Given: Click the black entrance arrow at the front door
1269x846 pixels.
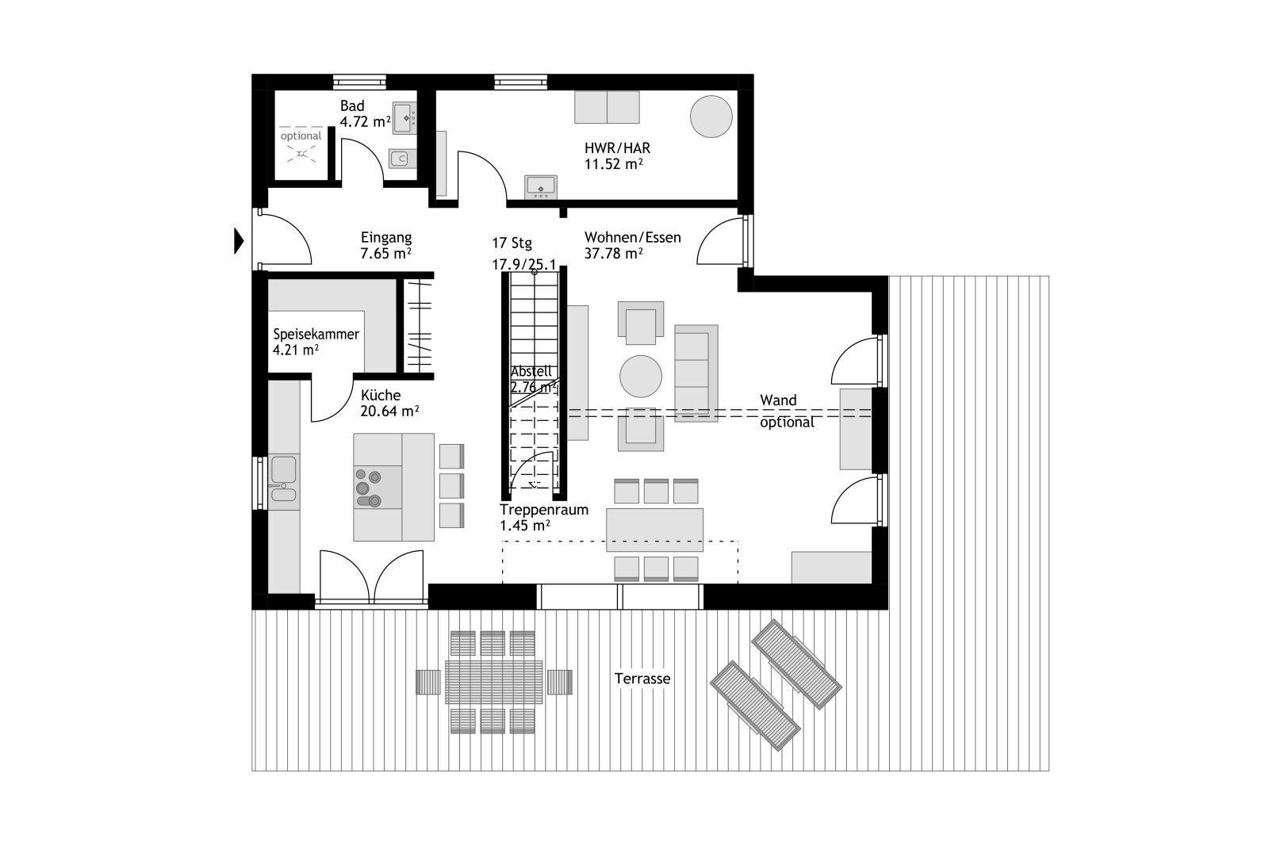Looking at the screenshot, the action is [x=239, y=241].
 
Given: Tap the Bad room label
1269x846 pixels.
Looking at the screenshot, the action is [x=352, y=106].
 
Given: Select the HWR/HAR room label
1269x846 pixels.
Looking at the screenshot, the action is [x=617, y=148].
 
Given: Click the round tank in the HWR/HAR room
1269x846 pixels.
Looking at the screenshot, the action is [x=711, y=116].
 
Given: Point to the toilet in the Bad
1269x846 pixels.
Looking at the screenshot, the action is [x=401, y=159].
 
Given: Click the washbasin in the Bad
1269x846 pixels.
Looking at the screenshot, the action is [x=404, y=118].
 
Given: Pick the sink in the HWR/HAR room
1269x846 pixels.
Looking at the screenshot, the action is [x=540, y=187].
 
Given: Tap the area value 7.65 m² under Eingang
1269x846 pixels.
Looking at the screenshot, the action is [x=385, y=253].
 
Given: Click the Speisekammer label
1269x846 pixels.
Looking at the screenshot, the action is [x=316, y=334].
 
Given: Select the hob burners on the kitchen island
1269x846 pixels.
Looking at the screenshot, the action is [x=368, y=488].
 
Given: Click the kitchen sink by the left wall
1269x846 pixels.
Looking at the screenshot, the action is [x=283, y=478].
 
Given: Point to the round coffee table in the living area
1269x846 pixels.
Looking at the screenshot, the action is [x=641, y=376].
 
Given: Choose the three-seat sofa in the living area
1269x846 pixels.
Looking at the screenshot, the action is [x=696, y=373].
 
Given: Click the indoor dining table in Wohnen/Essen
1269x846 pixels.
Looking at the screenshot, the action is [x=654, y=530].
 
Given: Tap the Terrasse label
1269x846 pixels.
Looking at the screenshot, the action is [x=642, y=679].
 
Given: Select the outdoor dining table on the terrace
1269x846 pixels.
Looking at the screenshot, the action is [x=493, y=682].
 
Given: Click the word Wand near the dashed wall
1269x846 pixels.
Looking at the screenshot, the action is [x=778, y=400].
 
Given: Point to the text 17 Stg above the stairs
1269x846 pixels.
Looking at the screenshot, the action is [x=512, y=243].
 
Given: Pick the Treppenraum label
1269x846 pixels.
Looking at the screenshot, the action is [x=544, y=510].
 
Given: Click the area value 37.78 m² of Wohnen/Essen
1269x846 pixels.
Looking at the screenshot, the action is [x=614, y=253].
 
